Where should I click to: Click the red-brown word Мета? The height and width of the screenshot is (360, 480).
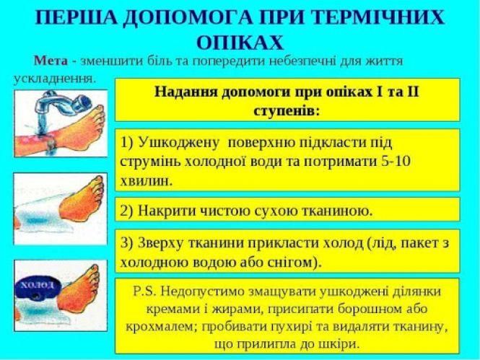[51, 61]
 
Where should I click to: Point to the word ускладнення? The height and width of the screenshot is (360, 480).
[54, 76]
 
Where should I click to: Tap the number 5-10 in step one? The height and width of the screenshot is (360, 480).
[394, 161]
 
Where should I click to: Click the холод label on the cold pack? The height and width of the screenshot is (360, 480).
[38, 285]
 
